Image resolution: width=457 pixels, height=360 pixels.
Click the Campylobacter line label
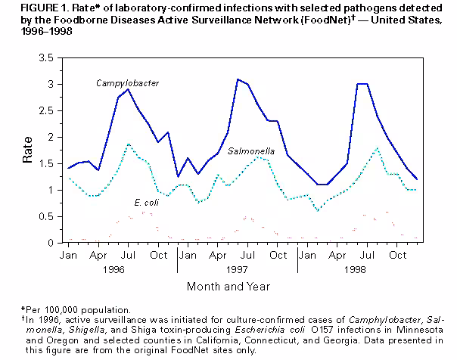pyautogui.click(x=127, y=82)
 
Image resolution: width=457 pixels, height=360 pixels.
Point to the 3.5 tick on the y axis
pyautogui.click(x=46, y=57)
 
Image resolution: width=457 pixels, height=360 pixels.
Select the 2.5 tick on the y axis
pyautogui.click(x=46, y=110)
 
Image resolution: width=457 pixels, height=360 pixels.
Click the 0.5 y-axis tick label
pyautogui.click(x=46, y=216)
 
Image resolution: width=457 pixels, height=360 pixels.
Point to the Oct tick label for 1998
pyautogui.click(x=397, y=256)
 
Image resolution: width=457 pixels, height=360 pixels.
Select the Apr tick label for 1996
pyautogui.click(x=98, y=256)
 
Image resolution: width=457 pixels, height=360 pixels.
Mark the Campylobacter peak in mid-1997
pyautogui.click(x=238, y=79)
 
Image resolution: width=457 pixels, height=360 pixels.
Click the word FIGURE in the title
pyautogui.click(x=23, y=8)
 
